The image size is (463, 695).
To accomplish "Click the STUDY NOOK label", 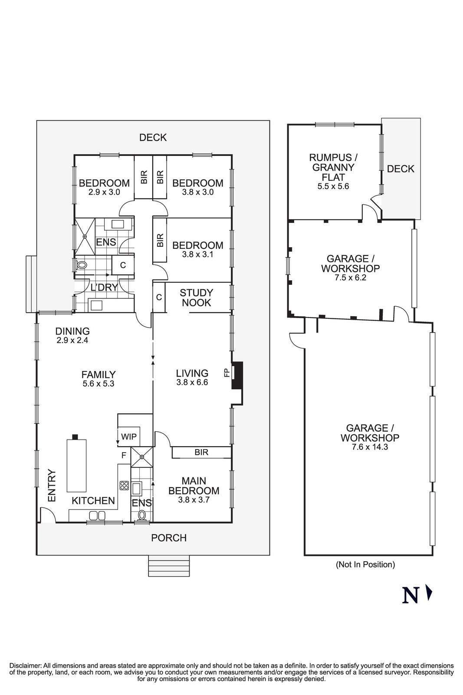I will pos(196,298).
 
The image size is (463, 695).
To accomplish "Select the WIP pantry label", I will pos(129,437).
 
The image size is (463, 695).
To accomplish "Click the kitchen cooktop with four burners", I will pos(124,485).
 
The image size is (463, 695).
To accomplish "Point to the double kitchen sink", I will pos(97,516).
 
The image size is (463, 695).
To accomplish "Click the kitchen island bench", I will pos(76,465).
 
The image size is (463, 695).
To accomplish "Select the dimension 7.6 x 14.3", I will pos(370,447).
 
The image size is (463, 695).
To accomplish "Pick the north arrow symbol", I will pos(429,593).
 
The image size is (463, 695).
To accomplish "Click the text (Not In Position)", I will pos(365,564).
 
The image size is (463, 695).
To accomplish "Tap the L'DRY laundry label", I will pos(104,287).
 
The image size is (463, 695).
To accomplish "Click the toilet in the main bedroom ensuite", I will pos(141,515).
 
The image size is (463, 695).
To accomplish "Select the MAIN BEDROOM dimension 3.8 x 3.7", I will pos(194,500).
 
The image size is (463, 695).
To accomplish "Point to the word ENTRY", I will pos(52,485).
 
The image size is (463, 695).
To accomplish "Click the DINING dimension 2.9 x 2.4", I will pos(72,341).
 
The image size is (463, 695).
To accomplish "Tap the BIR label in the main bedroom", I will pos(201,452).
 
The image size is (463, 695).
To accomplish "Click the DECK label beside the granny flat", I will pos(401,169).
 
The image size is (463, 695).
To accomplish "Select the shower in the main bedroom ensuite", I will pos(142,456).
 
